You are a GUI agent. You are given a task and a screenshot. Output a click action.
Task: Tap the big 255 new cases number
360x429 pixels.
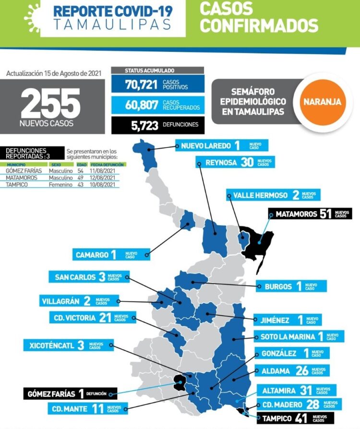[x=50, y=105]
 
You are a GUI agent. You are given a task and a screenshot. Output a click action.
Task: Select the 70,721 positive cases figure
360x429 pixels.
[x=142, y=85]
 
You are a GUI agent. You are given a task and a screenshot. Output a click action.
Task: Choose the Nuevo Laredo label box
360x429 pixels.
[x=222, y=145]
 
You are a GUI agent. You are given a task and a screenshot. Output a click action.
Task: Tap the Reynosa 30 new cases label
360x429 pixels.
[x=235, y=162]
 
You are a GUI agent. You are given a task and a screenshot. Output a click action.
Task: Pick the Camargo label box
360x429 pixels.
[x=111, y=254]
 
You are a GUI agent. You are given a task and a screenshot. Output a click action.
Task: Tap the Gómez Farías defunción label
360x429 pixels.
[x=70, y=394]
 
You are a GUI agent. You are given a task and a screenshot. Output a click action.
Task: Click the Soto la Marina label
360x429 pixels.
[x=299, y=336]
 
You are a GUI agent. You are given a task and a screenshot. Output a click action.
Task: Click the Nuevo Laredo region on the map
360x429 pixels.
[x=147, y=153]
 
